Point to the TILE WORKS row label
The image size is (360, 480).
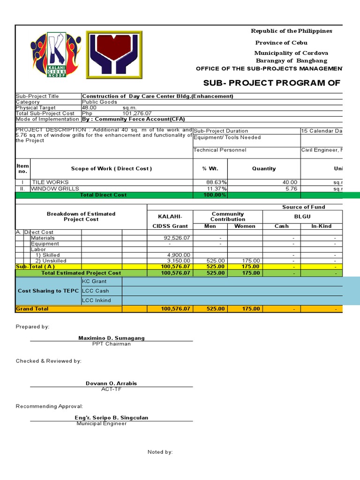coord(50,182)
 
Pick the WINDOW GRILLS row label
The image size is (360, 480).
coord(55,188)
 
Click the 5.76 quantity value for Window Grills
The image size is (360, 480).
coord(291,188)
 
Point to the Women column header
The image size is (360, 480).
coord(245,226)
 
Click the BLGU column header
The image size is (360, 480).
coord(303,217)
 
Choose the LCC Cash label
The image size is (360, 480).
coord(96,291)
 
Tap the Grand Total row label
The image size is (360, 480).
coord(32,309)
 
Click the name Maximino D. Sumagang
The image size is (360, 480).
coord(112,338)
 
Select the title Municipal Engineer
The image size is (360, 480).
coord(102,424)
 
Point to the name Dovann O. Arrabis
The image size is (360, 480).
coord(112,383)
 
